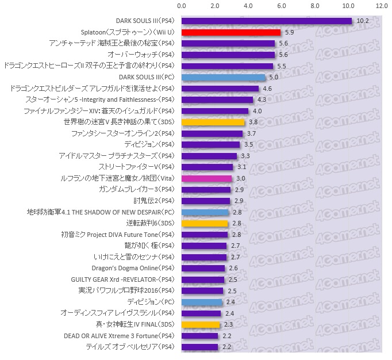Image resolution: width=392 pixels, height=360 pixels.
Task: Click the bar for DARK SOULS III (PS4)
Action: point(267,21)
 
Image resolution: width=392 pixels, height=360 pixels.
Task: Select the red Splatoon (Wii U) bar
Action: point(231,32)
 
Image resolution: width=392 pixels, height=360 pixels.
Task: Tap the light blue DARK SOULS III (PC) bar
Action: point(224,77)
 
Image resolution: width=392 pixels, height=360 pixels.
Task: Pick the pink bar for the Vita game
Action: point(207,178)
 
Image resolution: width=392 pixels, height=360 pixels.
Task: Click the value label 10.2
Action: point(363,21)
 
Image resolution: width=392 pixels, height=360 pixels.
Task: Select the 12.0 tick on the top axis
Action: point(381,5)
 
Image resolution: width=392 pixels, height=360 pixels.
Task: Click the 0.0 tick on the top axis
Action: point(182,5)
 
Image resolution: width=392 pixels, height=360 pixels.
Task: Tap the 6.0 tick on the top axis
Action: point(282,5)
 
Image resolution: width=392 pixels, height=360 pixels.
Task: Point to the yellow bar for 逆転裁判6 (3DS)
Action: point(205,223)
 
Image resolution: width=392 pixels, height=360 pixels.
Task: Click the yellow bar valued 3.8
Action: point(213,122)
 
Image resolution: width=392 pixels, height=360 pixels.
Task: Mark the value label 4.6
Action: point(267,89)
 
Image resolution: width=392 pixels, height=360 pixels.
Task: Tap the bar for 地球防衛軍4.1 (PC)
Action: point(205,212)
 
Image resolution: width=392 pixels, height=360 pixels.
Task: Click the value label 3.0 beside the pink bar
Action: point(241,178)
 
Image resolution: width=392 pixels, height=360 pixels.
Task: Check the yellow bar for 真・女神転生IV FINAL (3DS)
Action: point(201,324)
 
